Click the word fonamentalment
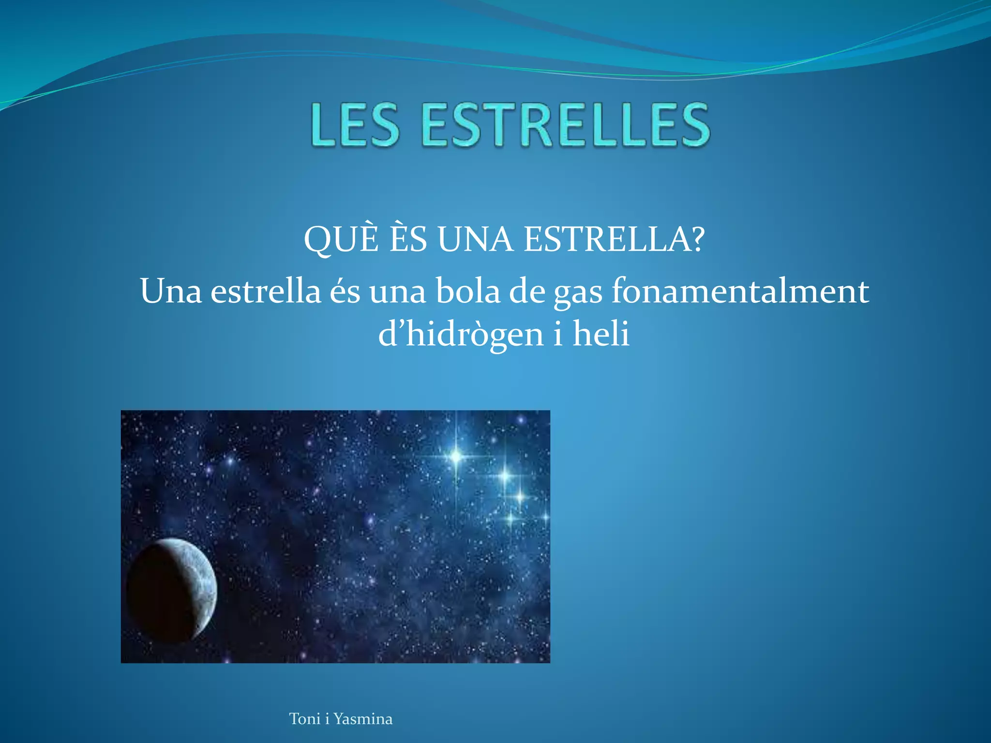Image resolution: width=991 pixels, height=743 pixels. [740, 291]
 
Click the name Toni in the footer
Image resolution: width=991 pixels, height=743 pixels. [304, 719]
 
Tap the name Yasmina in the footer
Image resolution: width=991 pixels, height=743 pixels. [363, 719]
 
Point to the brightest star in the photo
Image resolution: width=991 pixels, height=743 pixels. [456, 456]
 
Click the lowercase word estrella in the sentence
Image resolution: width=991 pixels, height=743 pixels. [266, 291]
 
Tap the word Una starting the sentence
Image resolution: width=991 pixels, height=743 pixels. [171, 291]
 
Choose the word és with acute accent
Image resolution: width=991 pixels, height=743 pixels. [345, 291]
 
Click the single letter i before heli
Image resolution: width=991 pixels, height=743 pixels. [558, 334]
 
